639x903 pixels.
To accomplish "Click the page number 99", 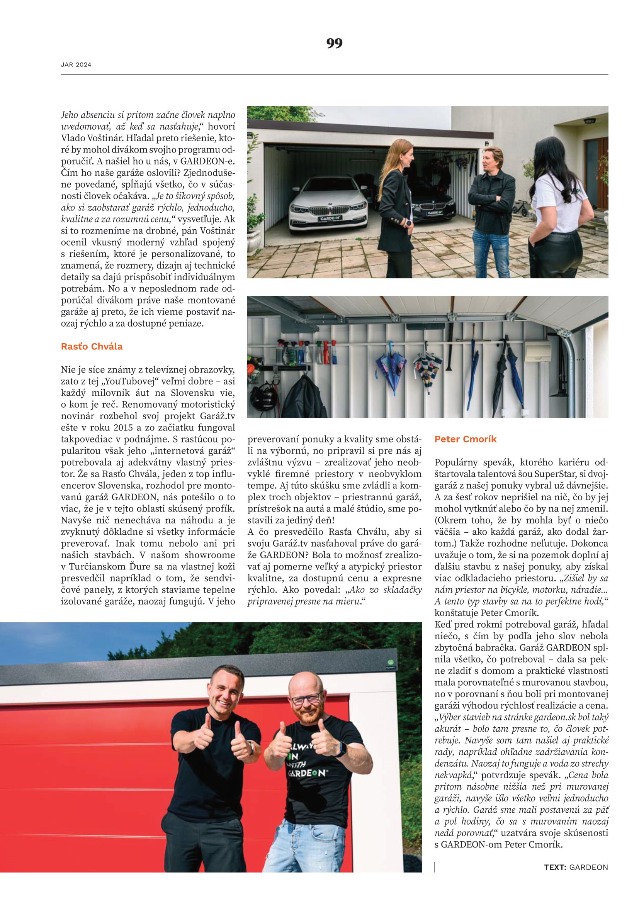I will (x=334, y=43).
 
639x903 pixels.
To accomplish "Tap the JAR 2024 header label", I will (x=76, y=65).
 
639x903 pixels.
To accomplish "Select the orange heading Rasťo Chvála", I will (x=92, y=346).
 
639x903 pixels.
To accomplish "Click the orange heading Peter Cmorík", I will (x=465, y=439).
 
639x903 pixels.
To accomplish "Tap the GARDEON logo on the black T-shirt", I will (x=307, y=773).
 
